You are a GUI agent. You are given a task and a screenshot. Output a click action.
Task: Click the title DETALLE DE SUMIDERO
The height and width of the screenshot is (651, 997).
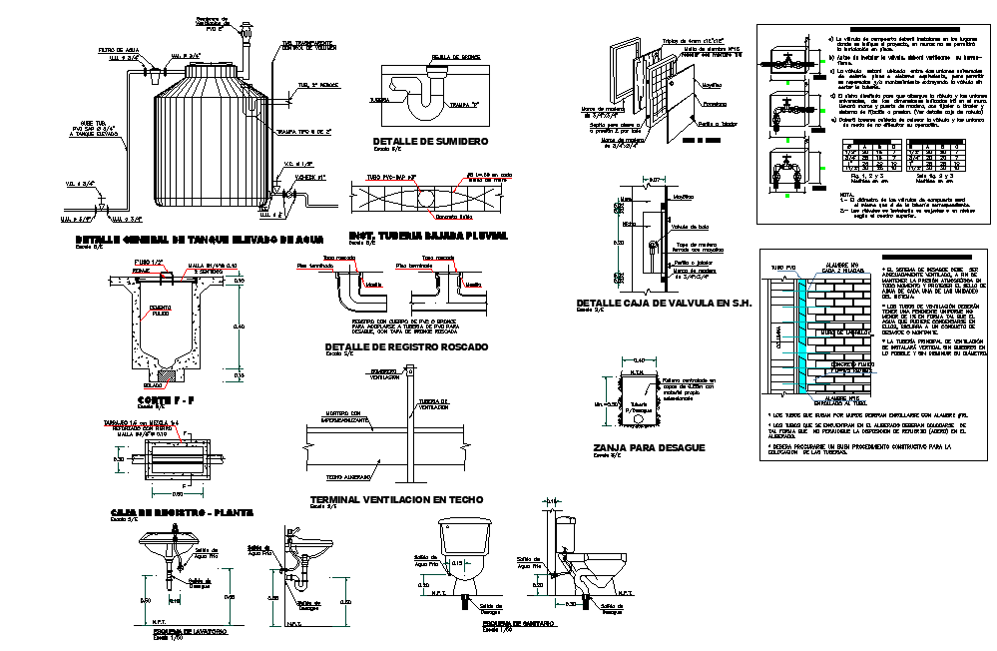[x=430, y=142]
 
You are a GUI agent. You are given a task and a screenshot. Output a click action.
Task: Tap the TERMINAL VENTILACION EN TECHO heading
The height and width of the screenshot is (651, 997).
[x=396, y=498]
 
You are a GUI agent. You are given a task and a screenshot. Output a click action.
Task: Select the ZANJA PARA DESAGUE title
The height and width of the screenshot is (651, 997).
[x=648, y=447]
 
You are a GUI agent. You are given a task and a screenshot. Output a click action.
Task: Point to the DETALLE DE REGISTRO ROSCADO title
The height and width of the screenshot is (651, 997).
[x=406, y=347]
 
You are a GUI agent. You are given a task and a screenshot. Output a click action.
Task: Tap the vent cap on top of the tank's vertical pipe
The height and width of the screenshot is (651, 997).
[x=246, y=27]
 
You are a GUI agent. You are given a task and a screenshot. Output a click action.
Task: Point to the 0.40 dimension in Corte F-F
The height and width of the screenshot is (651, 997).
[x=238, y=325]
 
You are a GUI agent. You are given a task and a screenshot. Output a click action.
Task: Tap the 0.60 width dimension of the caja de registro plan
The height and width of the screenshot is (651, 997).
[x=178, y=492]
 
